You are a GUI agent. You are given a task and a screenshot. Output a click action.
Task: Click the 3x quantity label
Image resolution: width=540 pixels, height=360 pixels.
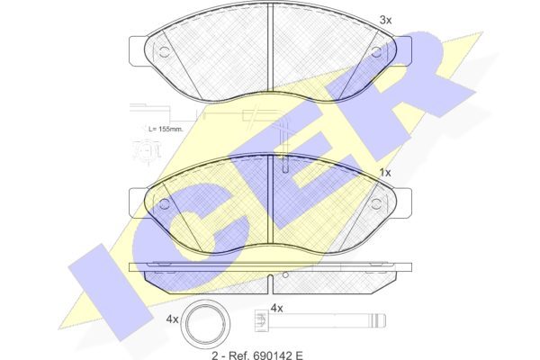click(386, 21)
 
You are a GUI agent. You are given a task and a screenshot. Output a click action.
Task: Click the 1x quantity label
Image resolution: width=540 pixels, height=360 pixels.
click(385, 173)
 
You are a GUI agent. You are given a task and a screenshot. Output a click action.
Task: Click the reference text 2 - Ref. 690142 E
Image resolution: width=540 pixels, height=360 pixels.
click(257, 355)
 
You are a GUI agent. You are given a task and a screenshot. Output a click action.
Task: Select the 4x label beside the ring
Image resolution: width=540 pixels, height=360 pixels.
click(172, 319)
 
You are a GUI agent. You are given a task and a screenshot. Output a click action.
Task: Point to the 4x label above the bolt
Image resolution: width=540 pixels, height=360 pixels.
click(276, 308)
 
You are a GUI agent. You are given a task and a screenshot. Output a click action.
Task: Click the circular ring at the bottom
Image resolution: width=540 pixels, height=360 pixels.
click(205, 322)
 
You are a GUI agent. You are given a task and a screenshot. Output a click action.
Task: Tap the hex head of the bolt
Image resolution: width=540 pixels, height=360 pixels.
click(261, 320)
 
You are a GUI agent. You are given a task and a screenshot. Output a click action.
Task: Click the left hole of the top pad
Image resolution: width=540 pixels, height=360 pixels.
click(165, 52)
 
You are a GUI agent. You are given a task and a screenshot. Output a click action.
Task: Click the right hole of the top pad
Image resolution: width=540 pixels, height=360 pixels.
click(376, 52)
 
